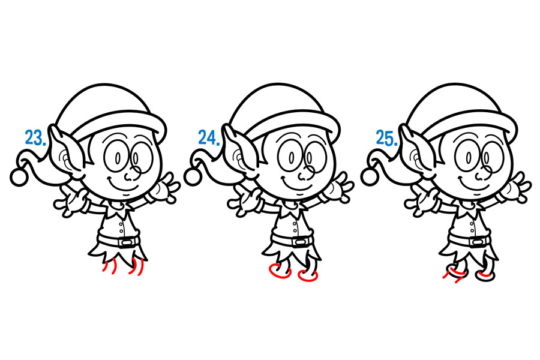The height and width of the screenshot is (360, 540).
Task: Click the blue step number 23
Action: click(35, 137)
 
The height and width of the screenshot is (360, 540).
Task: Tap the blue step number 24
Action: click(209, 137)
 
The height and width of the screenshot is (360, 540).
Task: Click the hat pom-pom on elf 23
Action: click(19, 177)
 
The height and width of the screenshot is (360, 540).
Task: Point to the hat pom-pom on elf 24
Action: click(193, 177)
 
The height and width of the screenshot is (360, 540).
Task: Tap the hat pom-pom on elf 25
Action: click(370, 177)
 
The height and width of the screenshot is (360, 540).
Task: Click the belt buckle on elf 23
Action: click(127, 242)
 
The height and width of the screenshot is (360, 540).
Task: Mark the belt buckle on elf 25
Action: click(477, 242)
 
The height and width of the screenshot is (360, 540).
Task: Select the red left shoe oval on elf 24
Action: click(280, 271)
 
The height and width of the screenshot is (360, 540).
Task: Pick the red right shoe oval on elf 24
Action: click(308, 275)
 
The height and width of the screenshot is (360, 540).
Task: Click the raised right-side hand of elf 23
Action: click(166, 187)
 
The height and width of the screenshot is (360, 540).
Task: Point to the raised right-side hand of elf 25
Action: click(517, 187)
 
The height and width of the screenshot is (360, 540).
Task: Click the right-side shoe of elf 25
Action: click(485, 275)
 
